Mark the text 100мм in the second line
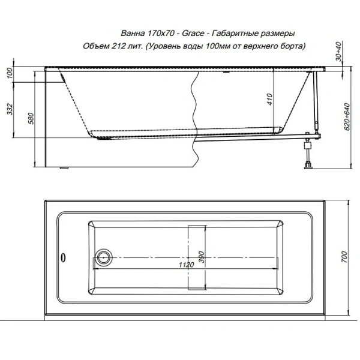tap(220, 46)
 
